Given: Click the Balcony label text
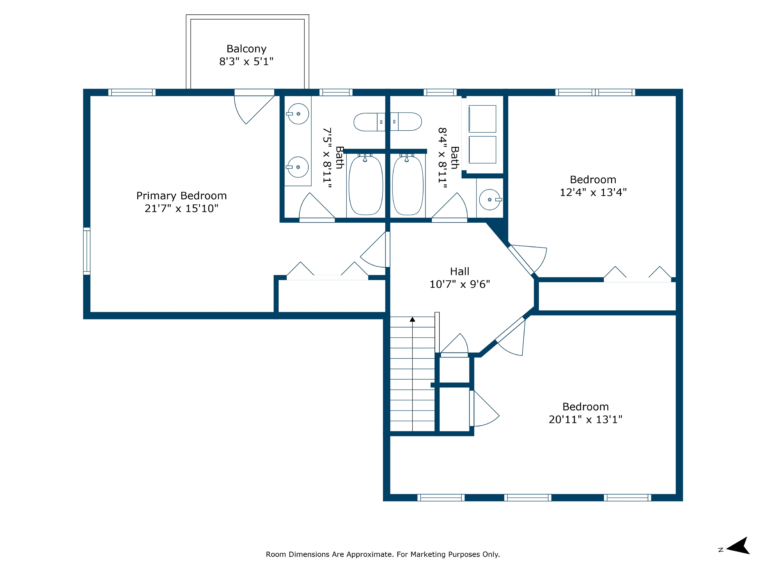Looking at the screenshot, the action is (x=247, y=49).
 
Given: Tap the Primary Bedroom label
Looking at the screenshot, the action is (x=182, y=196).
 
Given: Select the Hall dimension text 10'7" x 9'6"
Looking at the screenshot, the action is (x=460, y=284).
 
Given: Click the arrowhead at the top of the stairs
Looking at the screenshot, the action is (x=412, y=319).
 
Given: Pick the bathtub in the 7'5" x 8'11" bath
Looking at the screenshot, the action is (x=366, y=185).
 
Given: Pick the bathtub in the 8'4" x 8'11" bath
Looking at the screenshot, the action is (x=408, y=185).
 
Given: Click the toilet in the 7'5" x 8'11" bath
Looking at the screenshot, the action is (x=369, y=122).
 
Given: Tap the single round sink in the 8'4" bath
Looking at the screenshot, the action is (x=490, y=199).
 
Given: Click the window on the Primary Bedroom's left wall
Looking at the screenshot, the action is (x=87, y=251).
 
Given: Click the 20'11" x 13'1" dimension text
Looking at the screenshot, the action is (x=585, y=419).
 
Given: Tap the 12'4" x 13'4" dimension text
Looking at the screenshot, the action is (x=593, y=192).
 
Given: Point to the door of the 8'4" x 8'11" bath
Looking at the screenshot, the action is (x=450, y=207).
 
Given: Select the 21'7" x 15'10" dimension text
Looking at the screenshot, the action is (x=182, y=208).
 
